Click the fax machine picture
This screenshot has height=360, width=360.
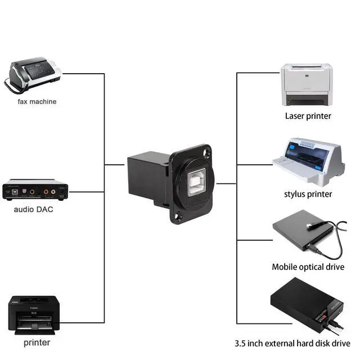35,75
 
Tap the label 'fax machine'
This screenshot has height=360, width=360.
37,102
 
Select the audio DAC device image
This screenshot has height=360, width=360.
35,191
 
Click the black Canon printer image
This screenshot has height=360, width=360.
35,316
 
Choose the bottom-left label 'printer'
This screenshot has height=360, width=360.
37,342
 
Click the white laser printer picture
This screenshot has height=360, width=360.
307,85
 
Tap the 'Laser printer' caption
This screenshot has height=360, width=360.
308,116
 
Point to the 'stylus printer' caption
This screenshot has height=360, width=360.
308,194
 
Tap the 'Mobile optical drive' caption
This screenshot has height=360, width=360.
307,267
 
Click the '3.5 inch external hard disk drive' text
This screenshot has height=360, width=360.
292,343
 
